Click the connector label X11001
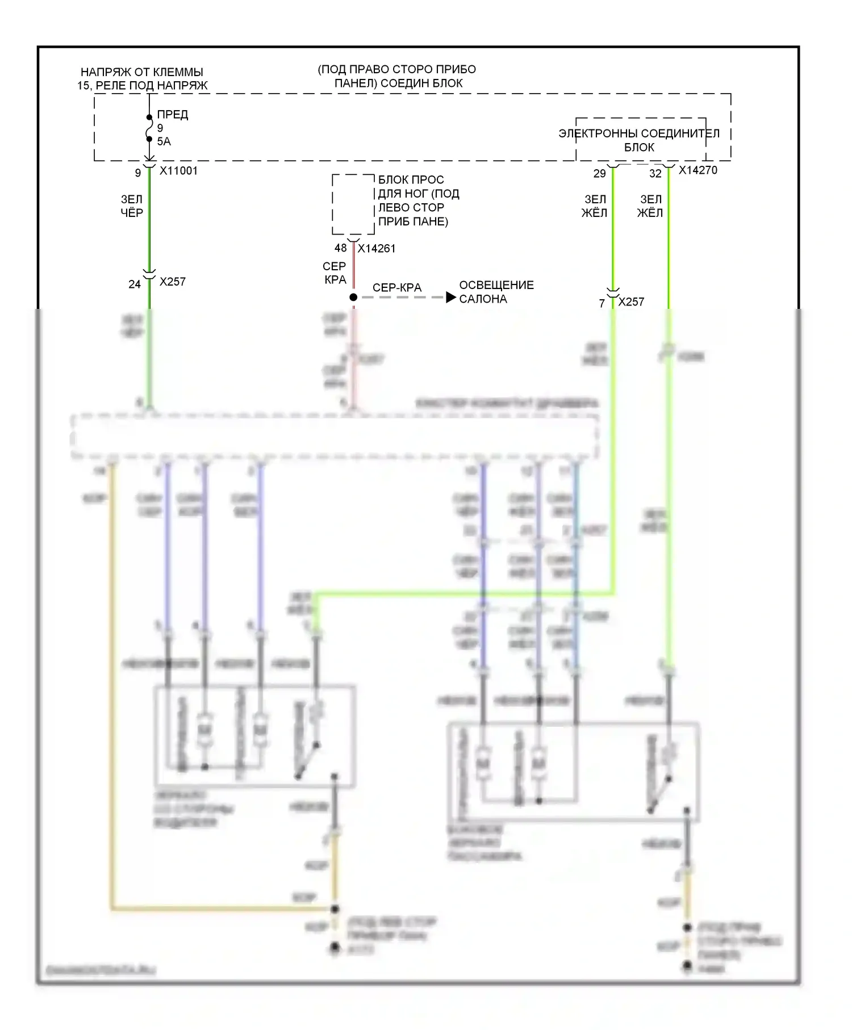click(x=178, y=171)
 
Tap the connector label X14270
click(x=698, y=170)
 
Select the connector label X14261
click(x=376, y=249)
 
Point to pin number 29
click(x=599, y=174)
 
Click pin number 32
click(x=655, y=174)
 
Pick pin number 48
click(x=340, y=248)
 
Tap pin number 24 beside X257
click(x=134, y=284)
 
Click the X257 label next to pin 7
click(x=631, y=302)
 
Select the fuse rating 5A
click(x=164, y=141)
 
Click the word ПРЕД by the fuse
click(x=172, y=115)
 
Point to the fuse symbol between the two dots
click(x=149, y=128)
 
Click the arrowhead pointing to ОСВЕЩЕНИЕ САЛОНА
click(x=451, y=298)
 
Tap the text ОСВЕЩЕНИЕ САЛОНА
click(x=496, y=292)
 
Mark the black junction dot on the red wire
click(x=353, y=298)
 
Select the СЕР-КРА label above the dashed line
click(x=397, y=288)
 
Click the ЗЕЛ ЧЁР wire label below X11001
click(x=132, y=206)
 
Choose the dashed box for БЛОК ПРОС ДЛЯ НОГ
click(x=353, y=204)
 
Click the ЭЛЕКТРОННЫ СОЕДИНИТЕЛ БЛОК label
click(x=639, y=140)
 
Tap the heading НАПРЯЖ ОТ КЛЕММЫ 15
click(x=142, y=79)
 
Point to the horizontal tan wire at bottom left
click(x=222, y=909)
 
